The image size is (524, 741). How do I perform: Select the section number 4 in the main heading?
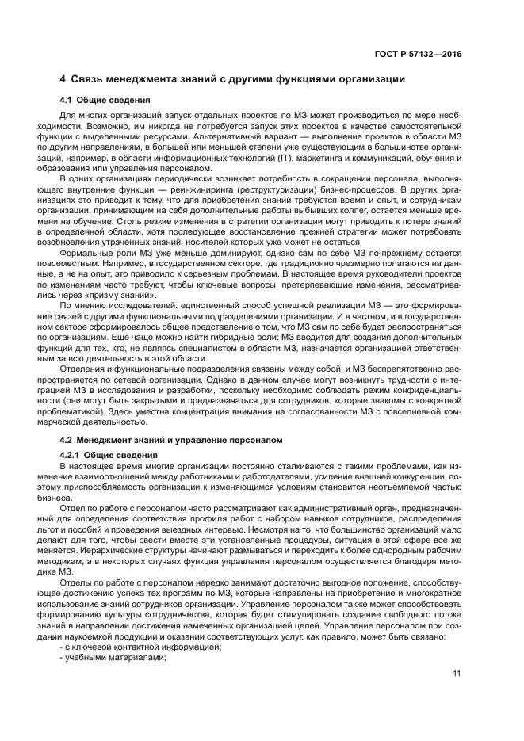(x=63, y=79)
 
